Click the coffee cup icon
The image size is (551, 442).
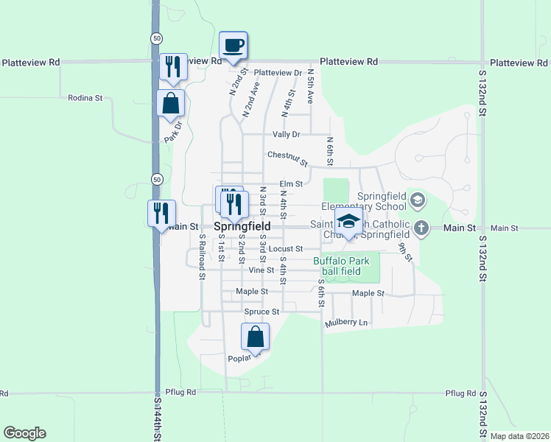(234, 46)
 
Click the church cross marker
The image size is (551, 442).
(421, 228)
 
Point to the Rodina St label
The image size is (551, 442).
(85, 97)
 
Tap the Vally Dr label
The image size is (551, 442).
(287, 134)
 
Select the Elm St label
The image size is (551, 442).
(291, 184)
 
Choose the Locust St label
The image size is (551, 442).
(286, 249)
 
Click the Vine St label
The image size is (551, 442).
(262, 270)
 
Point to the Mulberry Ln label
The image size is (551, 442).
(345, 323)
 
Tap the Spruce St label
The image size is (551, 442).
(262, 312)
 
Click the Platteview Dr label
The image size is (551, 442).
(278, 73)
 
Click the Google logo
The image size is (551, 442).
(24, 433)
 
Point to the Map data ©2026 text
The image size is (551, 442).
(519, 436)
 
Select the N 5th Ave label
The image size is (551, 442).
(311, 85)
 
